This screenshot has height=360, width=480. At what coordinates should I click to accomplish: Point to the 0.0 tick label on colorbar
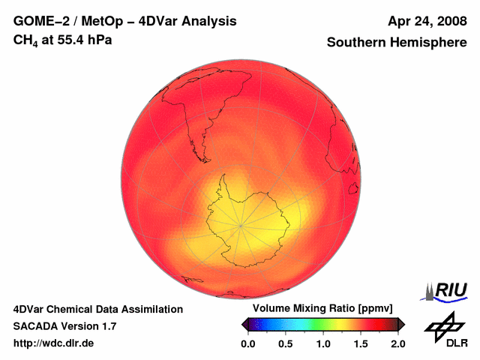pos(247,343)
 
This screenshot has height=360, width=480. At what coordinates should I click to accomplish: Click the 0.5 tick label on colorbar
pos(285,343)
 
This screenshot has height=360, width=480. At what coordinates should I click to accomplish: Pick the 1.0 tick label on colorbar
pos(322,343)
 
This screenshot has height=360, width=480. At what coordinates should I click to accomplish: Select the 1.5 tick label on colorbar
pos(360,343)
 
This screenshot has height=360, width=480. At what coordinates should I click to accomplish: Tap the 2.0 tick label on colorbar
pos(397,343)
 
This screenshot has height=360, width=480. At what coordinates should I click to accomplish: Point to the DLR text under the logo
pos(446,343)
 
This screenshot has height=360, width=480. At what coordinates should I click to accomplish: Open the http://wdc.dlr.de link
pos(54,343)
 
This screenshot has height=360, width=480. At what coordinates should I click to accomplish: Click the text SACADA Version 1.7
pos(64,326)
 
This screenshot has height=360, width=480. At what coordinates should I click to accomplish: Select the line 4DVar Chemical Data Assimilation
pos(97,309)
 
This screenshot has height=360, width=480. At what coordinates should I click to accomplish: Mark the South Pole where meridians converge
pos(241,224)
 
